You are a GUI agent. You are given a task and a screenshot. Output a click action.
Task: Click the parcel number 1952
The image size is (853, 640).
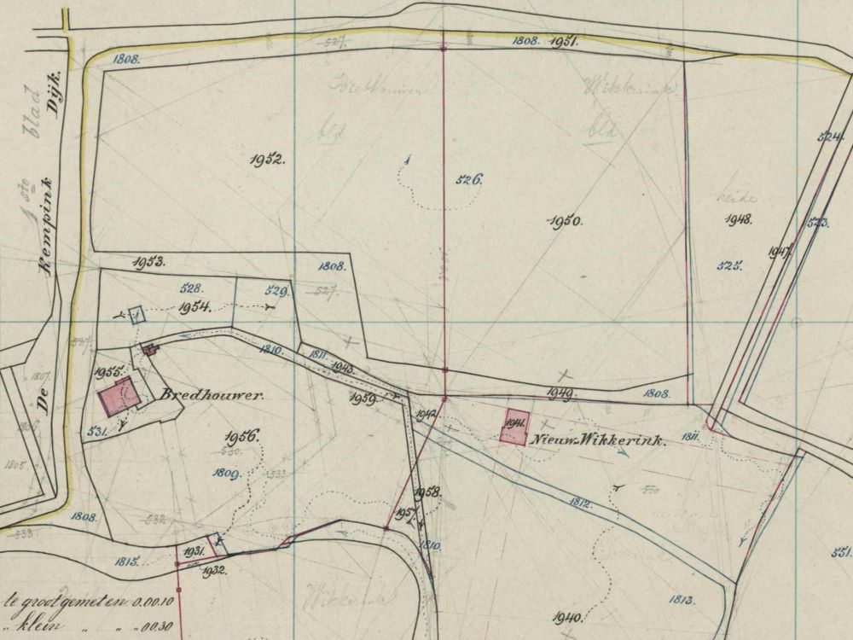[x=268, y=160]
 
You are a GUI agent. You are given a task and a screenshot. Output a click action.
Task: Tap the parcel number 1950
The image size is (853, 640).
[x=564, y=220]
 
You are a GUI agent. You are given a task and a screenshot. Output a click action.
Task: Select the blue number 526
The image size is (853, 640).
[x=470, y=179]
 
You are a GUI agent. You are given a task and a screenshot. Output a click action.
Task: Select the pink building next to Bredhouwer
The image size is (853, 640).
[x=118, y=398]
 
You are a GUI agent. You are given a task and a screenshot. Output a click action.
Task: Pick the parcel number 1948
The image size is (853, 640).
[x=738, y=219]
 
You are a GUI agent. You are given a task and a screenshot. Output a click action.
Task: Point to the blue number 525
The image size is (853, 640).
[x=729, y=265]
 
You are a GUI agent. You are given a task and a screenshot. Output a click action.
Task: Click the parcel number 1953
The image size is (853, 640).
[x=148, y=263]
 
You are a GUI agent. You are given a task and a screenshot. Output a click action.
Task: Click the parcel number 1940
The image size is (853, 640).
[x=567, y=617]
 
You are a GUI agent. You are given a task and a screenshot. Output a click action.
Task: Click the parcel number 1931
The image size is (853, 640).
[x=194, y=552]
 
